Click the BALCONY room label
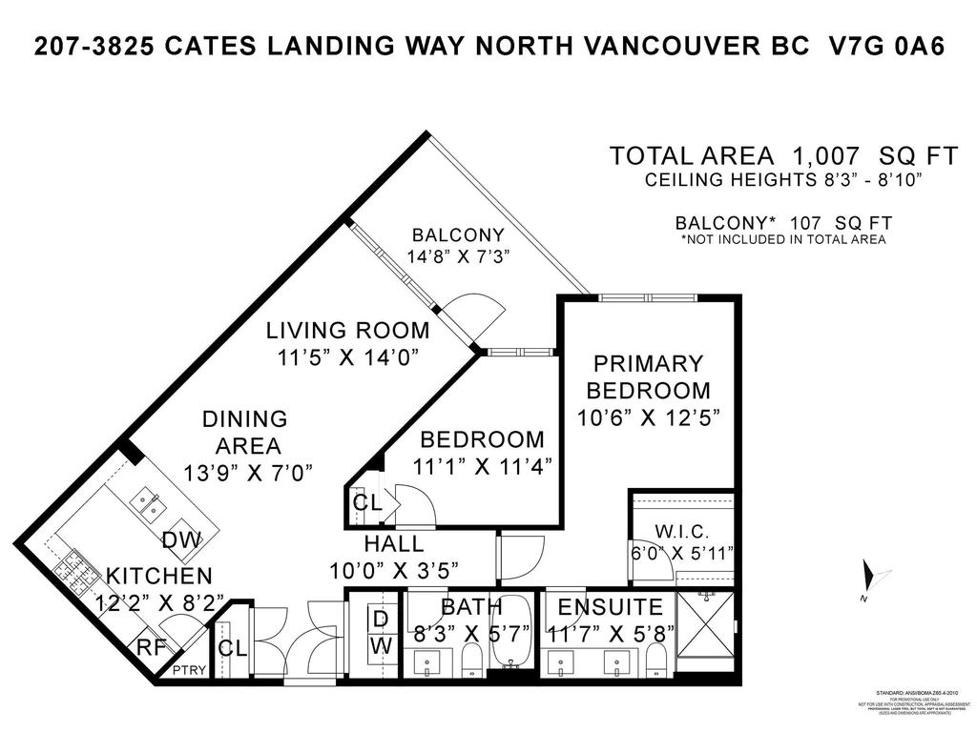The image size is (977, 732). click(457, 234)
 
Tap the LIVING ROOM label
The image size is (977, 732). click(347, 331)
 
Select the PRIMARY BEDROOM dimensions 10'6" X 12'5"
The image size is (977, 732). click(648, 417)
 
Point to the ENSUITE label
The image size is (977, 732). click(610, 607)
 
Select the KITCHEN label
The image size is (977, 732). click(158, 576)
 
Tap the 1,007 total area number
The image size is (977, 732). click(828, 155)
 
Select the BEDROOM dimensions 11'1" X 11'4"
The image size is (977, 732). click(482, 466)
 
